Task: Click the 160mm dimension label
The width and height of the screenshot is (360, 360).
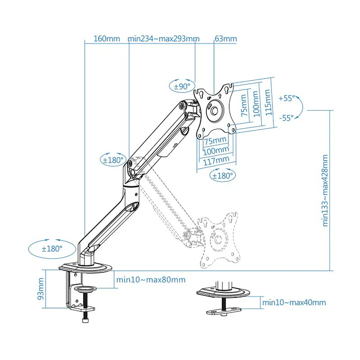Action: tap(107, 39)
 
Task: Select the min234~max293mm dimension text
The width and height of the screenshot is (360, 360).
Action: tap(163, 39)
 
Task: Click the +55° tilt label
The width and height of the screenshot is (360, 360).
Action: tap(287, 98)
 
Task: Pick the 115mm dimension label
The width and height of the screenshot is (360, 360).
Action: tap(268, 102)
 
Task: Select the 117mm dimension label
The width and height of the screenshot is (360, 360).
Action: tap(216, 160)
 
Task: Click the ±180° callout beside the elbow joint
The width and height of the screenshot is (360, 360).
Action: tap(113, 160)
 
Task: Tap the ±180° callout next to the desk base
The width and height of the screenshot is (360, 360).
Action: tap(52, 248)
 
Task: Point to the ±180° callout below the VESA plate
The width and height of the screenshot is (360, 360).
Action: tap(223, 176)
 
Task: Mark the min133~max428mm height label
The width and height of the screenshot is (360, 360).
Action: tap(326, 190)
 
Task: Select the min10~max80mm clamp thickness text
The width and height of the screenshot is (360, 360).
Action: tap(150, 280)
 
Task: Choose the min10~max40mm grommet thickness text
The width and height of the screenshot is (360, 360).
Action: tap(294, 302)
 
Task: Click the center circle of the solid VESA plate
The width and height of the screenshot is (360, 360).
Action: tap(215, 110)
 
